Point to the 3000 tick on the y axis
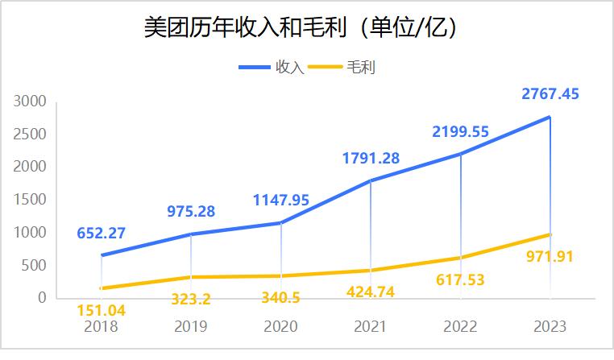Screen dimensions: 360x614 [31, 101]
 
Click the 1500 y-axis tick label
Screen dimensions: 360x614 [31, 200]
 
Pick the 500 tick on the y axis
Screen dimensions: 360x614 [35, 266]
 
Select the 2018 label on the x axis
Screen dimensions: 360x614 [101, 327]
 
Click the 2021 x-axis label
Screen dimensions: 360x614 [371, 327]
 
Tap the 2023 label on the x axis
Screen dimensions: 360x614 [550, 327]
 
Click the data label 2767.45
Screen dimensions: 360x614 [550, 94]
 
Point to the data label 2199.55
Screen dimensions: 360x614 [460, 131]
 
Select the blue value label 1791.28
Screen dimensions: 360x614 [371, 158]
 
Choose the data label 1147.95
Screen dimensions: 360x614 [280, 200]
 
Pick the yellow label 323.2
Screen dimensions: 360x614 [191, 300]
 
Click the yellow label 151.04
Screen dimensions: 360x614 [101, 310]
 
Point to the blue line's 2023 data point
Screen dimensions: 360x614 [550, 117]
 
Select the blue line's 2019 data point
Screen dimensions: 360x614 [191, 234]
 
